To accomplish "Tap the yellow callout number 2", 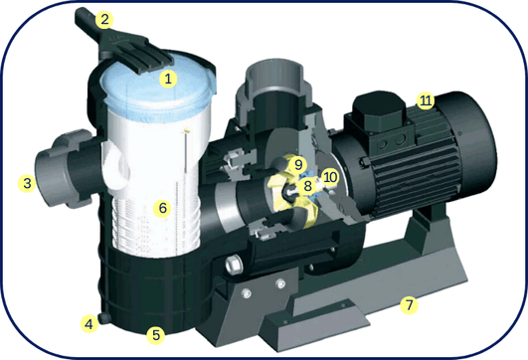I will pos(104,18).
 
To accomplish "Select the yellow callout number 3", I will pos(28,182).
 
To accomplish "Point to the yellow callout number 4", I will pos(89,323).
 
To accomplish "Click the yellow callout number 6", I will pos(164,209).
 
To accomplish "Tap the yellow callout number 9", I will pos(295,163).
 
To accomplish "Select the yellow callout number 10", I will pos(330,177).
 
